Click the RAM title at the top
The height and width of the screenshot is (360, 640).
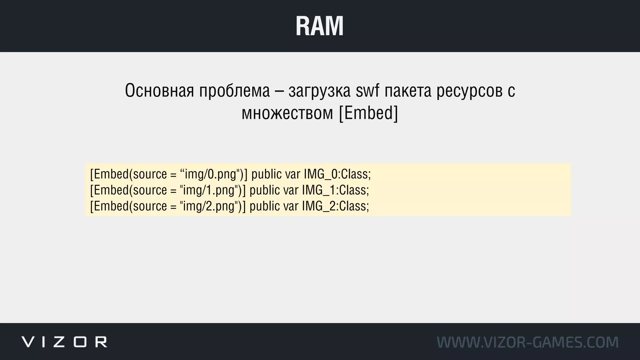click(x=319, y=26)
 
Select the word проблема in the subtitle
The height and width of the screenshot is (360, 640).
click(x=234, y=91)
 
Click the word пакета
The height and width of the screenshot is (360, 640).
click(x=408, y=91)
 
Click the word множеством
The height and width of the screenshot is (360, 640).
click(x=287, y=113)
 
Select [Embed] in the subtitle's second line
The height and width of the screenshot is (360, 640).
click(x=368, y=113)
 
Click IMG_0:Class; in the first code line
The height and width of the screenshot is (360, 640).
click(x=337, y=174)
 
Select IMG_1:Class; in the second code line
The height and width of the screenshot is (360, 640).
click(x=335, y=190)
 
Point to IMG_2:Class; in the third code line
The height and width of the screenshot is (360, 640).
click(x=335, y=206)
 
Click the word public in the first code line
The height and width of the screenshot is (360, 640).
click(x=267, y=174)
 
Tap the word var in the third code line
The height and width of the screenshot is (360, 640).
click(x=291, y=206)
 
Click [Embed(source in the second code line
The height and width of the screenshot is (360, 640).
click(x=128, y=190)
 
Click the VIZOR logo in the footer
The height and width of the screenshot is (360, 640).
click(x=64, y=342)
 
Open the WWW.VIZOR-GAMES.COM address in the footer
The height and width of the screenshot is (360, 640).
click(x=527, y=342)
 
